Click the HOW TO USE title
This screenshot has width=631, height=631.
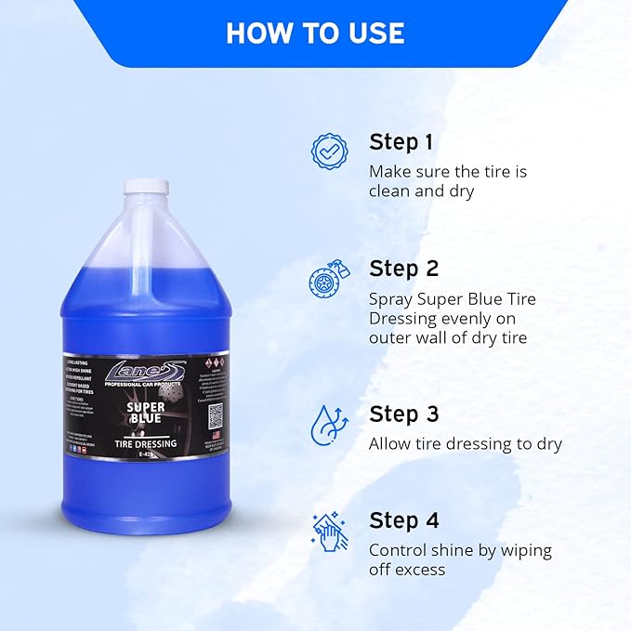pyautogui.click(x=315, y=33)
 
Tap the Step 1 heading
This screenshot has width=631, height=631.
pyautogui.click(x=401, y=142)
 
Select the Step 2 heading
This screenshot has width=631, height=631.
pyautogui.click(x=403, y=269)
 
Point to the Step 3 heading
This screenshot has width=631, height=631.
pyautogui.click(x=403, y=414)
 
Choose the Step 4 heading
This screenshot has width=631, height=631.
pyautogui.click(x=403, y=520)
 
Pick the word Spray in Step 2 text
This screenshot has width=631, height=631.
pyautogui.click(x=391, y=299)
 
